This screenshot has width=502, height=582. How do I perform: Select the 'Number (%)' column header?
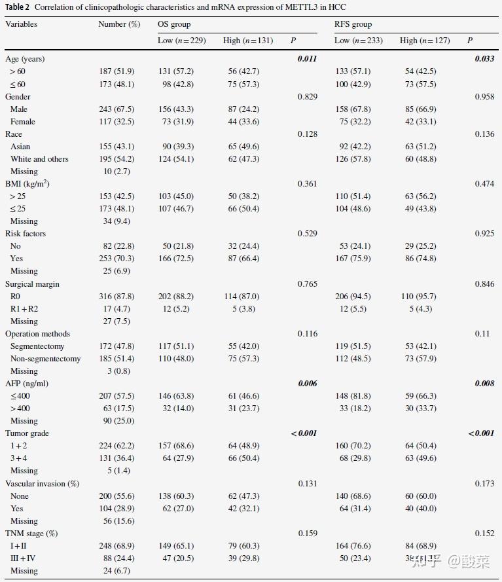[x=119, y=24]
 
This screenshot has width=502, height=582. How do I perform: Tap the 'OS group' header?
[x=174, y=24]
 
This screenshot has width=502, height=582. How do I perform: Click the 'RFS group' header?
[x=353, y=24]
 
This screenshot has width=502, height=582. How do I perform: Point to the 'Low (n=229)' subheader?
[x=182, y=41]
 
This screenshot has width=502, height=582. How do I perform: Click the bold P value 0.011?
[x=307, y=59]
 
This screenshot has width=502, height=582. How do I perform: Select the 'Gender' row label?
[x=18, y=97]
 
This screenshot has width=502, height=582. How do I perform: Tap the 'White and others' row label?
[x=39, y=159]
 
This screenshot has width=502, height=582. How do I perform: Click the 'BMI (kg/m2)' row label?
[x=27, y=184]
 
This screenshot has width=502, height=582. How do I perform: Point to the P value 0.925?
[x=484, y=234]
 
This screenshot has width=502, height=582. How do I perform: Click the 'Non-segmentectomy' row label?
[x=46, y=359]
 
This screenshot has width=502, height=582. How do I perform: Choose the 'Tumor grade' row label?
[x=27, y=433]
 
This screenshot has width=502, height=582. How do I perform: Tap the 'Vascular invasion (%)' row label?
[x=42, y=484]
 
